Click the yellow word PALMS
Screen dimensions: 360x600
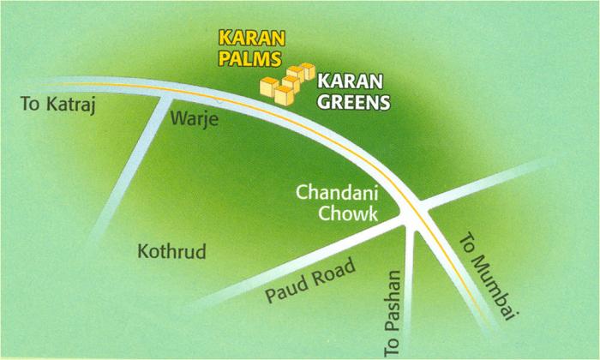click(x=250, y=59)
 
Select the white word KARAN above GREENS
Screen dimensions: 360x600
click(x=347, y=83)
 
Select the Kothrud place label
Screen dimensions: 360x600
click(x=171, y=253)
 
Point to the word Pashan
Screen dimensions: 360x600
click(x=393, y=303)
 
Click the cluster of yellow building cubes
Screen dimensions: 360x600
click(x=286, y=81)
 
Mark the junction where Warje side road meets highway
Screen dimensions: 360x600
click(x=168, y=95)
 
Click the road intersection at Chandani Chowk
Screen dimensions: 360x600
click(x=413, y=216)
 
